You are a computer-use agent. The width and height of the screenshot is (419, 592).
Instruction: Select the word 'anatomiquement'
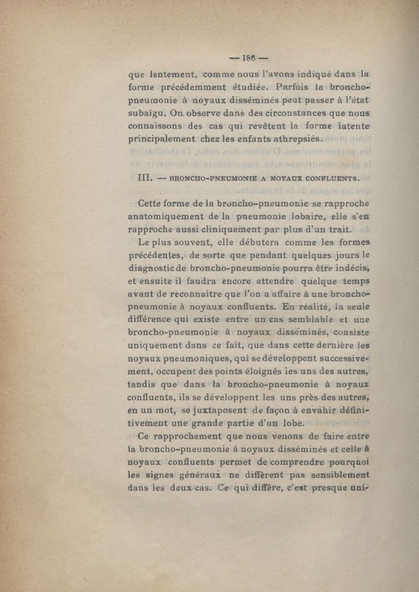pyautogui.click(x=169, y=216)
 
